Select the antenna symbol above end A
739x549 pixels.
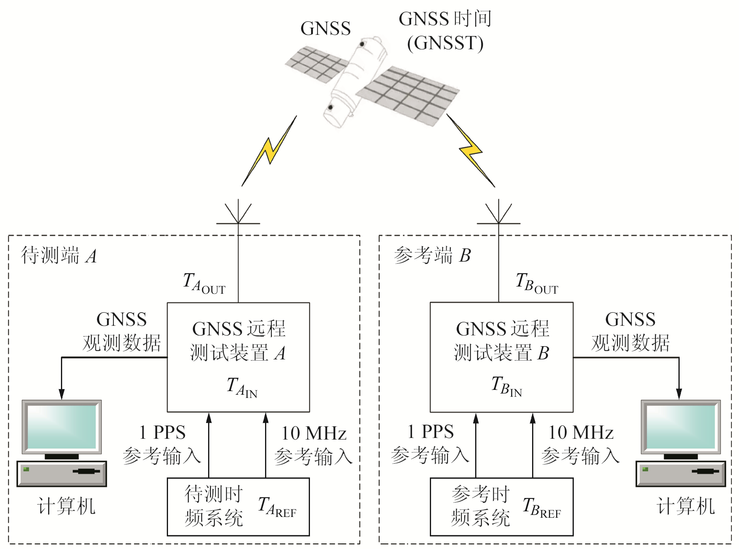pyautogui.click(x=238, y=214)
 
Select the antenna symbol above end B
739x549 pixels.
pyautogui.click(x=498, y=214)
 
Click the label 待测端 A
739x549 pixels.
pyautogui.click(x=59, y=256)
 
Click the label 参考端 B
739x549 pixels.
pyautogui.click(x=432, y=256)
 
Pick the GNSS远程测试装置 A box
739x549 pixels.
pyautogui.click(x=238, y=357)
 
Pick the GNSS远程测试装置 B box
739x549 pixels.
pyautogui.click(x=501, y=357)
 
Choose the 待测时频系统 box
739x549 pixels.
pyautogui.click(x=238, y=507)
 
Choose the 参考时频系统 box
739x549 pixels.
pyautogui.click(x=501, y=507)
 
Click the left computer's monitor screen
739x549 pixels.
pyautogui.click(x=62, y=426)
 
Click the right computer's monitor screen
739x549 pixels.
pyautogui.click(x=680, y=426)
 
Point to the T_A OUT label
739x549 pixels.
pyautogui.click(x=204, y=283)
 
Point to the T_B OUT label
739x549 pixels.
pyautogui.click(x=537, y=283)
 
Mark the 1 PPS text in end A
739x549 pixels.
pyautogui.click(x=162, y=433)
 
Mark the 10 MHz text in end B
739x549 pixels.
pyautogui.click(x=581, y=433)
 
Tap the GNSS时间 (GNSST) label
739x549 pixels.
pyautogui.click(x=445, y=31)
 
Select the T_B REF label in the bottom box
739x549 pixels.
pyautogui.click(x=541, y=508)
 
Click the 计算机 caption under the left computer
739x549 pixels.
pyautogui.click(x=66, y=506)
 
